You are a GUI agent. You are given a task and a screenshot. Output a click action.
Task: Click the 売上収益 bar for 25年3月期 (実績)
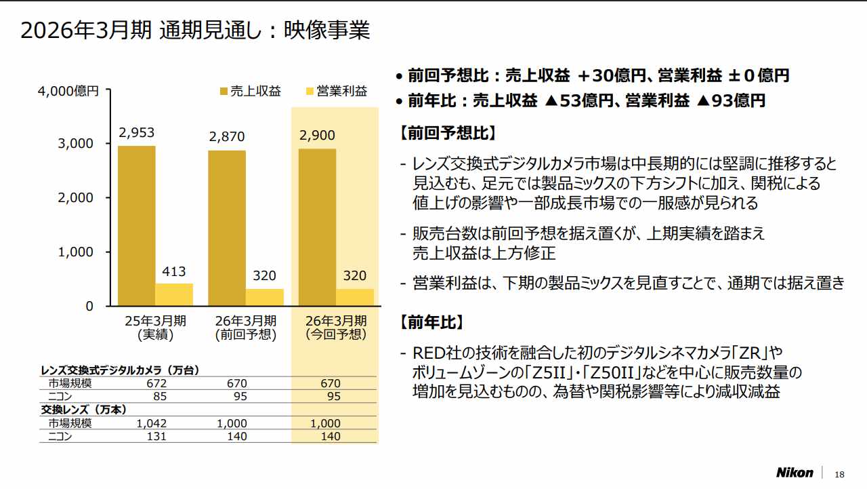click(x=136, y=226)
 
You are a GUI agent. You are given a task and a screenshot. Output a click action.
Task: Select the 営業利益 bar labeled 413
click(x=174, y=294)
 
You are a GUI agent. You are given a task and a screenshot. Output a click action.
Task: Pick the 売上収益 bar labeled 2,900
click(x=317, y=227)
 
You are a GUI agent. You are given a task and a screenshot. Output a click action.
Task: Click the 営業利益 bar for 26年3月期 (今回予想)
click(x=355, y=297)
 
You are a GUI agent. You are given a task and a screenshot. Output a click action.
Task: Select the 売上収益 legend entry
click(x=250, y=91)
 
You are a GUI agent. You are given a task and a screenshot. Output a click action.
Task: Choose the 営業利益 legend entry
click(x=336, y=91)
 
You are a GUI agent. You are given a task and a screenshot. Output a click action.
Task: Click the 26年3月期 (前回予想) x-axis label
click(x=245, y=327)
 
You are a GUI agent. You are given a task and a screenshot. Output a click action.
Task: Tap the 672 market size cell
click(x=156, y=384)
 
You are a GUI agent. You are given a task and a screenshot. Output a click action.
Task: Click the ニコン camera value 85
click(x=160, y=396)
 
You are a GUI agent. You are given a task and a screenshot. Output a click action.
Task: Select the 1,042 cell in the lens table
click(x=152, y=423)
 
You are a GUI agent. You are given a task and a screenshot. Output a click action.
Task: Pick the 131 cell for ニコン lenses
click(x=156, y=436)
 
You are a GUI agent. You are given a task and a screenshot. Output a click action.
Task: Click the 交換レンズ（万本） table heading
click(x=84, y=410)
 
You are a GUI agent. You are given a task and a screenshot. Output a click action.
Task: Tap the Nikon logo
click(x=794, y=472)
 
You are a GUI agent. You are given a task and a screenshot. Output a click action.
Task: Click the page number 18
click(x=840, y=473)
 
